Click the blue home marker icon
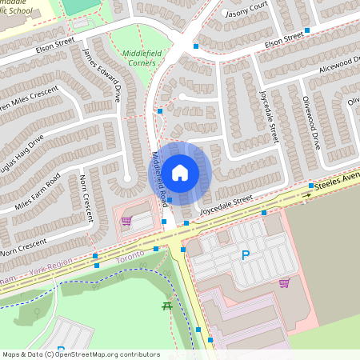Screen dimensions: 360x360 tap(180, 172)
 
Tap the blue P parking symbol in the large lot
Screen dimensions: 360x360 tap(245, 255)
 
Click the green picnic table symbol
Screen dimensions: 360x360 tap(167, 306)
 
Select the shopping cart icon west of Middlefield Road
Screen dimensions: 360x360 tap(126, 221)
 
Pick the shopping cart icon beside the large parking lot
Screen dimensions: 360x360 tap(284, 283)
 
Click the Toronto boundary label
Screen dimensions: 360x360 tap(130, 254)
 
